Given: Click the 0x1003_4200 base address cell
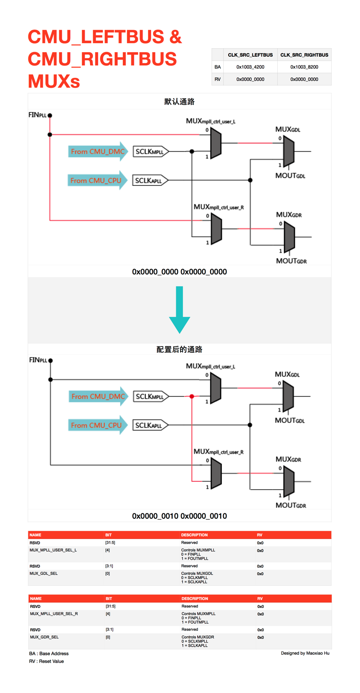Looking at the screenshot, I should pos(250,67).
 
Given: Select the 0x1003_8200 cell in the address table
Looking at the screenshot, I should pos(304,67).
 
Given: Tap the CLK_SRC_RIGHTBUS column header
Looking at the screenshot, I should pos(304,55).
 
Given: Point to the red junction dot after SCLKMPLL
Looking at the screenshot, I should pos(192,396).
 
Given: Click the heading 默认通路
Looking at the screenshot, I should pos(179,102).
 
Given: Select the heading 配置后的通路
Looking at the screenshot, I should pos(179,349).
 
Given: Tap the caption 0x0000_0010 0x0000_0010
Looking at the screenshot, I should pos(179,516).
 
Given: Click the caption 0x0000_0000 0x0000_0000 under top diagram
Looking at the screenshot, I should pos(179,272).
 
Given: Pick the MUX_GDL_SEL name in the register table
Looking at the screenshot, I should pos(44,573).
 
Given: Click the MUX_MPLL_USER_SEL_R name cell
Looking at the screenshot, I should pos(54,613).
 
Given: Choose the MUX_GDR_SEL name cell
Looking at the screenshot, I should pos(44,637).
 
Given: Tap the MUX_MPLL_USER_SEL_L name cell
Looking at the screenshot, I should pos(53,550).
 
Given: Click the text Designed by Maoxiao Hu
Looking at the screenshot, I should pos(305,653).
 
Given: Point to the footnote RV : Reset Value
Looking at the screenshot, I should pos(46,661).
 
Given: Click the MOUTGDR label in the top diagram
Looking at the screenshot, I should pos(291,261).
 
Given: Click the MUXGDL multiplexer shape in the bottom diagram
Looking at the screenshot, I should pos(288,396).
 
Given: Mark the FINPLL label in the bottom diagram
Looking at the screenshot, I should pos(38,360).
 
